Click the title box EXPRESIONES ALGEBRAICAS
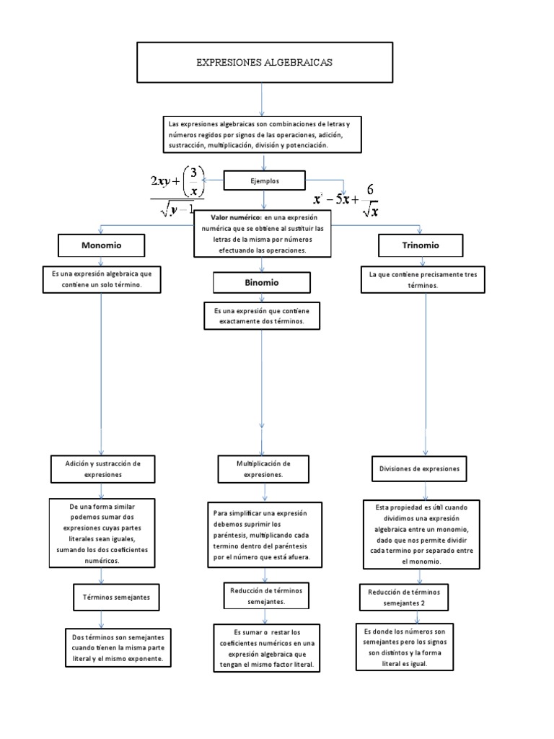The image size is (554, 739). (x=263, y=63)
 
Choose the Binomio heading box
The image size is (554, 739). (x=256, y=282)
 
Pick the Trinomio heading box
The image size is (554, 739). (x=420, y=246)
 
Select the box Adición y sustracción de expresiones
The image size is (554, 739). (x=101, y=469)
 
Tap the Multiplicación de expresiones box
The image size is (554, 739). (x=263, y=469)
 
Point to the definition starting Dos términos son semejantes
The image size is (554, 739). (x=118, y=648)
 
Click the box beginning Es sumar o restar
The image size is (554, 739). (x=266, y=647)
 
